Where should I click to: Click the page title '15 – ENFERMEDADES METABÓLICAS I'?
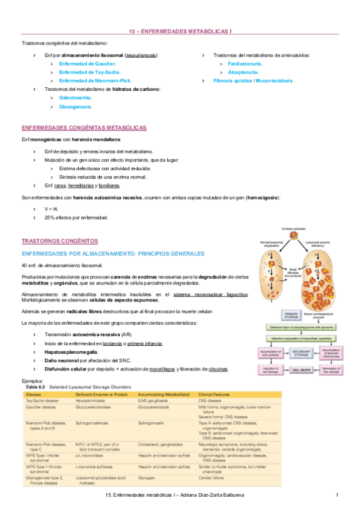pyautogui.click(x=180, y=30)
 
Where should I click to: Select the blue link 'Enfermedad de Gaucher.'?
pyautogui.click(x=87, y=63)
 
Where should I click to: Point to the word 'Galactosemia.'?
pyautogui.click(x=76, y=97)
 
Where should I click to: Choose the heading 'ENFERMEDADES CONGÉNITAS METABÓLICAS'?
pyautogui.click(x=84, y=128)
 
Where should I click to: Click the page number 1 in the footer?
pyautogui.click(x=338, y=495)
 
